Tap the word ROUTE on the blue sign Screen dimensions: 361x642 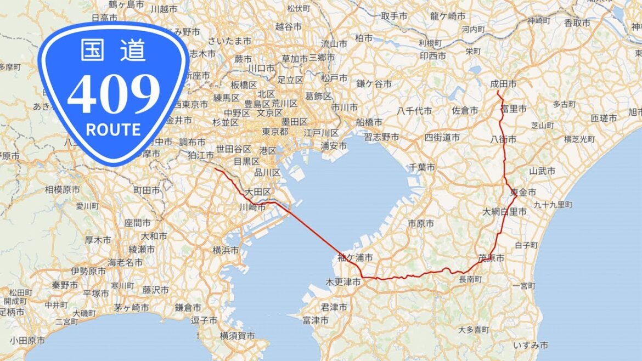coord(114,129)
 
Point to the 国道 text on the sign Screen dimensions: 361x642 coord(114,50)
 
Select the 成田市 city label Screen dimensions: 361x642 coord(503,84)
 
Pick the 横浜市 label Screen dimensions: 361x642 coord(226,250)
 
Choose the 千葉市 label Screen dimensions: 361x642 coord(422,167)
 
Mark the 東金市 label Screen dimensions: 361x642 coord(523,191)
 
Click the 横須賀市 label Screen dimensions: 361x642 coord(237,335)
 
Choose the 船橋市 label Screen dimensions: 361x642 coord(369,121)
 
